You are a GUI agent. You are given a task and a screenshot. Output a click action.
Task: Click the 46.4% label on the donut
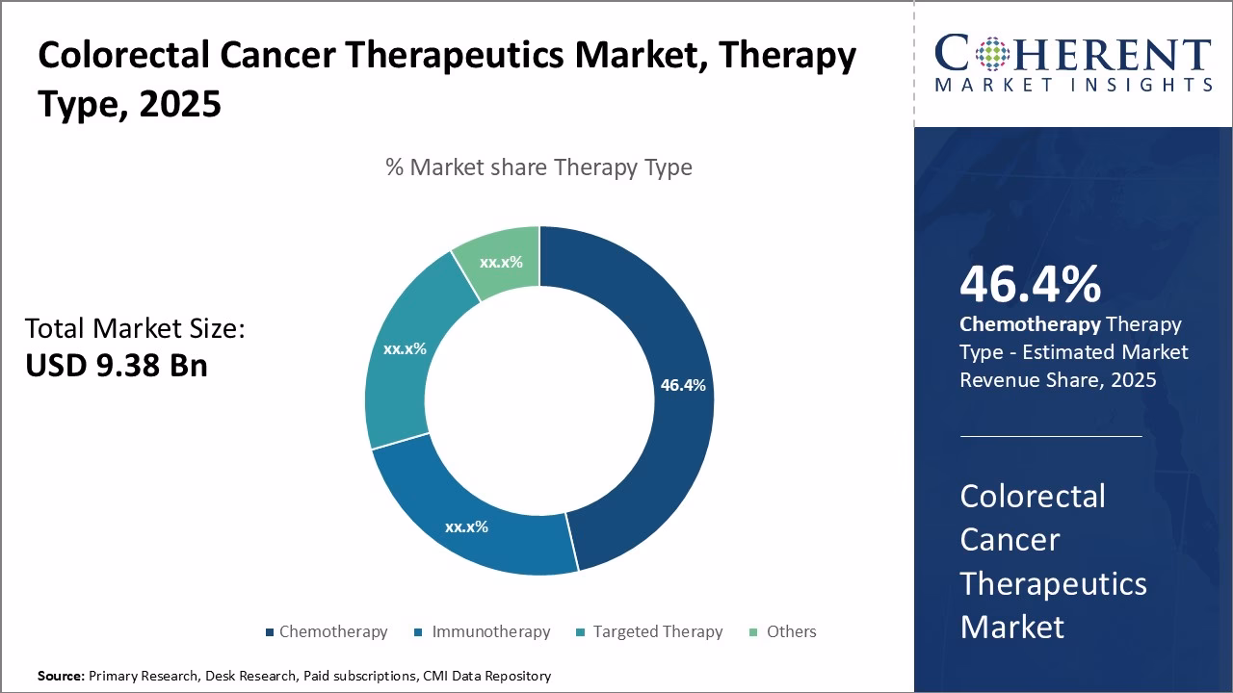coord(683,385)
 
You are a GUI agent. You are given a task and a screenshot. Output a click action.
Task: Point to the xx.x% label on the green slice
coord(501,262)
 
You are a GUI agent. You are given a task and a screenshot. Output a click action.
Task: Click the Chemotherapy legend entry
coord(332,631)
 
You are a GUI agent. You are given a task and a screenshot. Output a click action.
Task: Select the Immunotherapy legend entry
coord(490,631)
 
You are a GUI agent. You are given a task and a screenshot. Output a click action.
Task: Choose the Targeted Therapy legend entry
coord(657,631)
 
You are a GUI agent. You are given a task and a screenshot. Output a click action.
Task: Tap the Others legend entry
coord(791,631)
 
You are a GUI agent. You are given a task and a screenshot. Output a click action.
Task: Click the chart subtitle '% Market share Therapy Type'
coord(538,167)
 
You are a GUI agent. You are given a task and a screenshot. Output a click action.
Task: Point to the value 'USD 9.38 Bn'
coord(117,365)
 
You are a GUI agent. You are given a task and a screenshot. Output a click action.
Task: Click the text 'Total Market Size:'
coord(135,328)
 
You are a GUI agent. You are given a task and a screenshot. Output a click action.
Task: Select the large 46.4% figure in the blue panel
coord(1030,285)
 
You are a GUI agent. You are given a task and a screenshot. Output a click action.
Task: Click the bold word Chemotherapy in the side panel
coord(1030,324)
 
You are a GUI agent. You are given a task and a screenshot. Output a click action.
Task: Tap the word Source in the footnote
coord(61,676)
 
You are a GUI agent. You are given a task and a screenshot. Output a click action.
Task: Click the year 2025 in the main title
coord(180,103)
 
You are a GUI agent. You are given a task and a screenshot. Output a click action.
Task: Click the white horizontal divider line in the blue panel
coord(1050,436)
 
